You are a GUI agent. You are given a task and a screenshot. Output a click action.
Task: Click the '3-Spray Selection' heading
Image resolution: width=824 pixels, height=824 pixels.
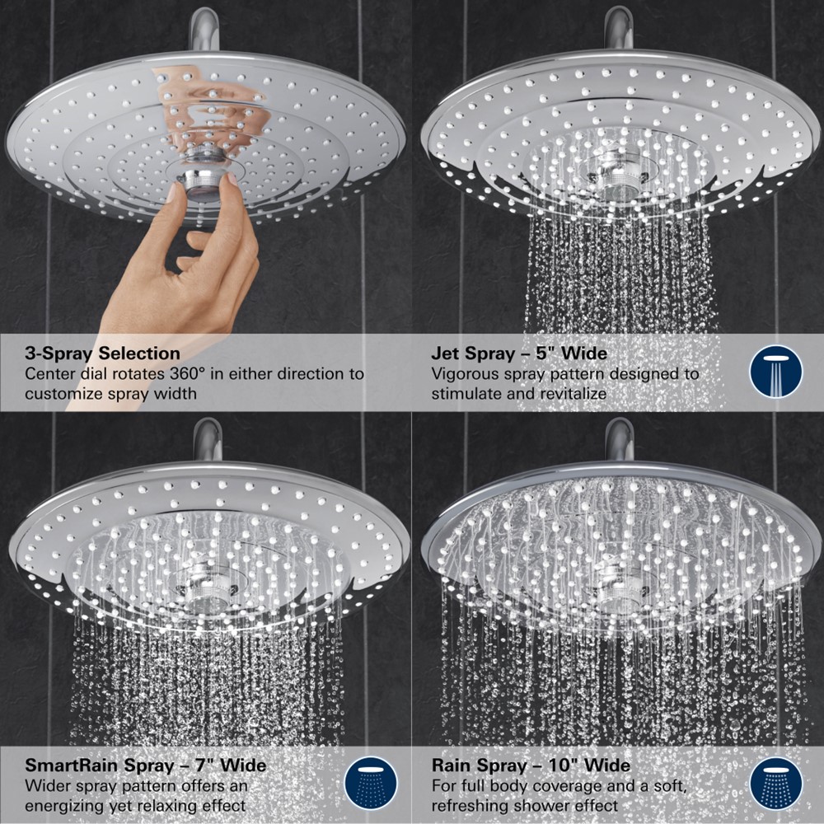coord(102,353)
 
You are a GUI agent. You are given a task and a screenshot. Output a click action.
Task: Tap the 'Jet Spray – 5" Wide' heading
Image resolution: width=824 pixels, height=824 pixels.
coord(519,353)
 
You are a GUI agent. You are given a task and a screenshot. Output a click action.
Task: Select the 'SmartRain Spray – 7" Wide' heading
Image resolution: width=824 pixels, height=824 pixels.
coord(145,765)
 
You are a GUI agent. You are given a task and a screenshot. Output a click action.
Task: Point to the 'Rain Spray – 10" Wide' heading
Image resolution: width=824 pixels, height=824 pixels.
coord(531,765)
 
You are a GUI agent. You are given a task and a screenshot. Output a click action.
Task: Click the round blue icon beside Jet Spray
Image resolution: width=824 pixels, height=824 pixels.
coord(775,372)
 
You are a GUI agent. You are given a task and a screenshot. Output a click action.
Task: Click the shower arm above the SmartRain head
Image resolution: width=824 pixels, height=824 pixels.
coord(207,439)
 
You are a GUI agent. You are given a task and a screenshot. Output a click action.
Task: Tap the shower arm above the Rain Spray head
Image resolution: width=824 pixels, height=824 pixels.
coord(618,439)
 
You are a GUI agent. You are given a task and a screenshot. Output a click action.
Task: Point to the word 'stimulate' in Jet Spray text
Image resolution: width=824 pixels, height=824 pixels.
coord(466,393)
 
